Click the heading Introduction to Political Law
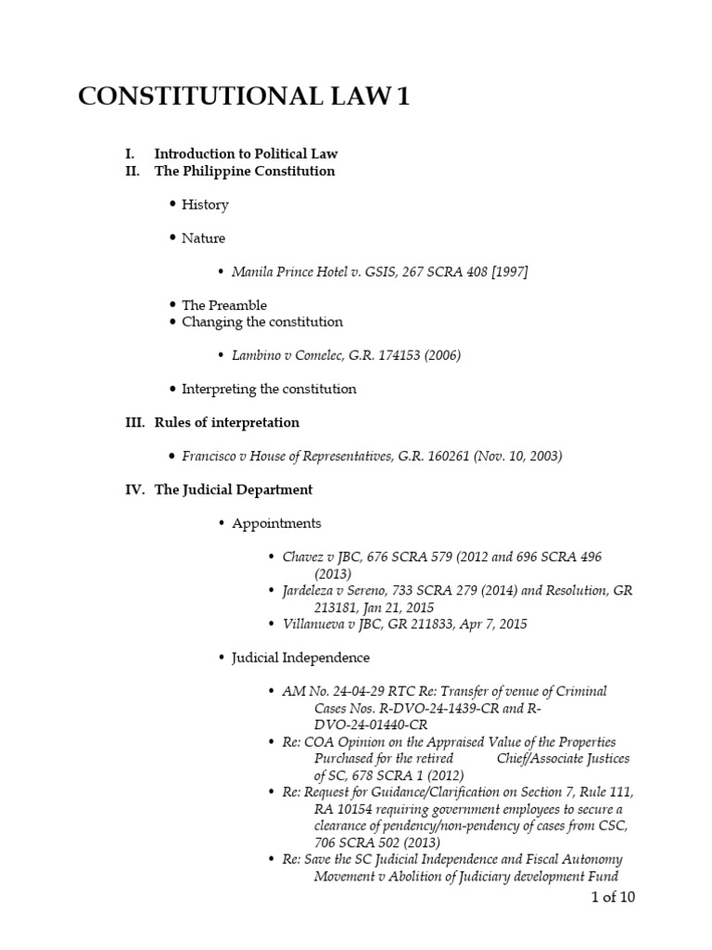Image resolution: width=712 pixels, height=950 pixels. point(239,153)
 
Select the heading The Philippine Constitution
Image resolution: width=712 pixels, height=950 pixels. point(245,171)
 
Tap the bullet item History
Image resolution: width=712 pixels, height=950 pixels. point(205,204)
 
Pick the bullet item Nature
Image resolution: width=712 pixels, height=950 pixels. point(203,237)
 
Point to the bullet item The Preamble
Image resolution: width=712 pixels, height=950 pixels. point(223,304)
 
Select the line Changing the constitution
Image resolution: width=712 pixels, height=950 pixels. point(261,322)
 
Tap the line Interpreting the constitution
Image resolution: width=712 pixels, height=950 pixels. point(269,389)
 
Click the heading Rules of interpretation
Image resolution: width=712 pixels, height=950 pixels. point(226,422)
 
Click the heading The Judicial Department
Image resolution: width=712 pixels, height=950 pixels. point(233,489)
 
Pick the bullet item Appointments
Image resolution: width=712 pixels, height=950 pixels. point(276,523)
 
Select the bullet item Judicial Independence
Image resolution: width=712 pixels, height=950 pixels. point(300,657)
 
